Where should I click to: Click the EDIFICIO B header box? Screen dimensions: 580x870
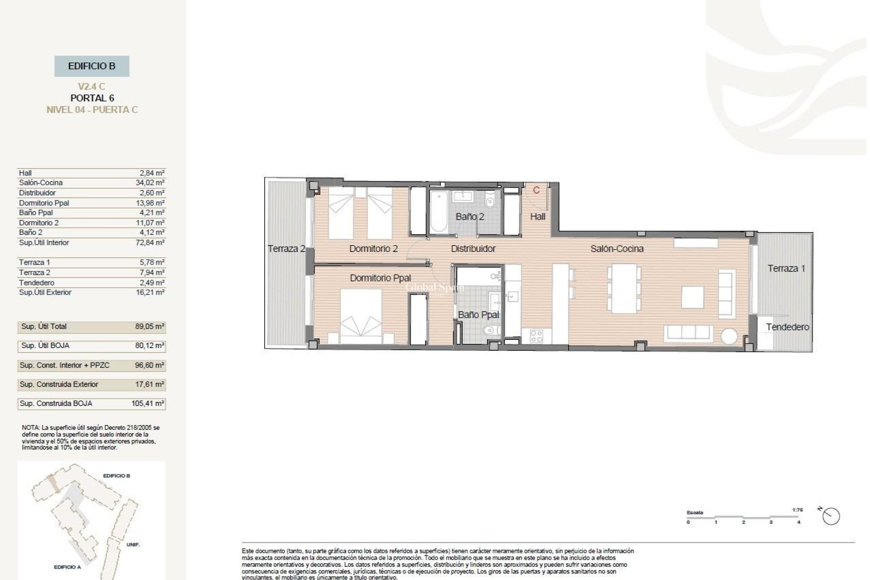(x=92, y=66)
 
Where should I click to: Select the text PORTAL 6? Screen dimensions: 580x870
(x=92, y=98)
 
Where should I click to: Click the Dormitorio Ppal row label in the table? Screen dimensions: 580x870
(x=44, y=203)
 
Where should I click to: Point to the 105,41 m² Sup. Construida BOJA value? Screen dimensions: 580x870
(x=148, y=403)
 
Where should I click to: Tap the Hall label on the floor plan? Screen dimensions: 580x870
(x=537, y=217)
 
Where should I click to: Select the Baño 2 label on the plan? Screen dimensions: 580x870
(x=469, y=217)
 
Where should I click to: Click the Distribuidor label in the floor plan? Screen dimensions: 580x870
(x=473, y=249)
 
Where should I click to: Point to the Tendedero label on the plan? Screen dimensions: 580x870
(x=788, y=327)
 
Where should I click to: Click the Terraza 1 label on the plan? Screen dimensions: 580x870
(x=786, y=268)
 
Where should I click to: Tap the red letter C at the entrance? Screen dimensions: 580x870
(x=536, y=190)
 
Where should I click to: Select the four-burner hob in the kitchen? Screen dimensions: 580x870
(x=536, y=336)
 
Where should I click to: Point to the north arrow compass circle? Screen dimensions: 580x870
(x=831, y=517)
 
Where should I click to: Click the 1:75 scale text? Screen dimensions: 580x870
(x=797, y=510)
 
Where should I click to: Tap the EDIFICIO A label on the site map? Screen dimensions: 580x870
(x=67, y=567)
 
